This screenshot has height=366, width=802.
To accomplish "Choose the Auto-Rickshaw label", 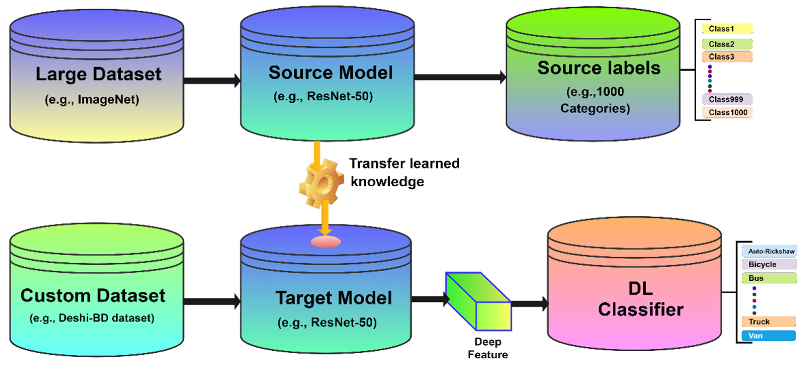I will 769,251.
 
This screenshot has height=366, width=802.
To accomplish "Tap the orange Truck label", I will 768,322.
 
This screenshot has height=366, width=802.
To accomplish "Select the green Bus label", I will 768,278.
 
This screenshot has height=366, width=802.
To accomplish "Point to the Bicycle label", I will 768,264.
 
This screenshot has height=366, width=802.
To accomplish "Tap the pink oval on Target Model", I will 326,242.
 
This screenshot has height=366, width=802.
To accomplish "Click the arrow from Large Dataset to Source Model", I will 212,81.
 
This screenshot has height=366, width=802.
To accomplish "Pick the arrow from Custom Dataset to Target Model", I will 212,301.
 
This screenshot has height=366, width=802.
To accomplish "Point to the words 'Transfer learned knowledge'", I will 404,172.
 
